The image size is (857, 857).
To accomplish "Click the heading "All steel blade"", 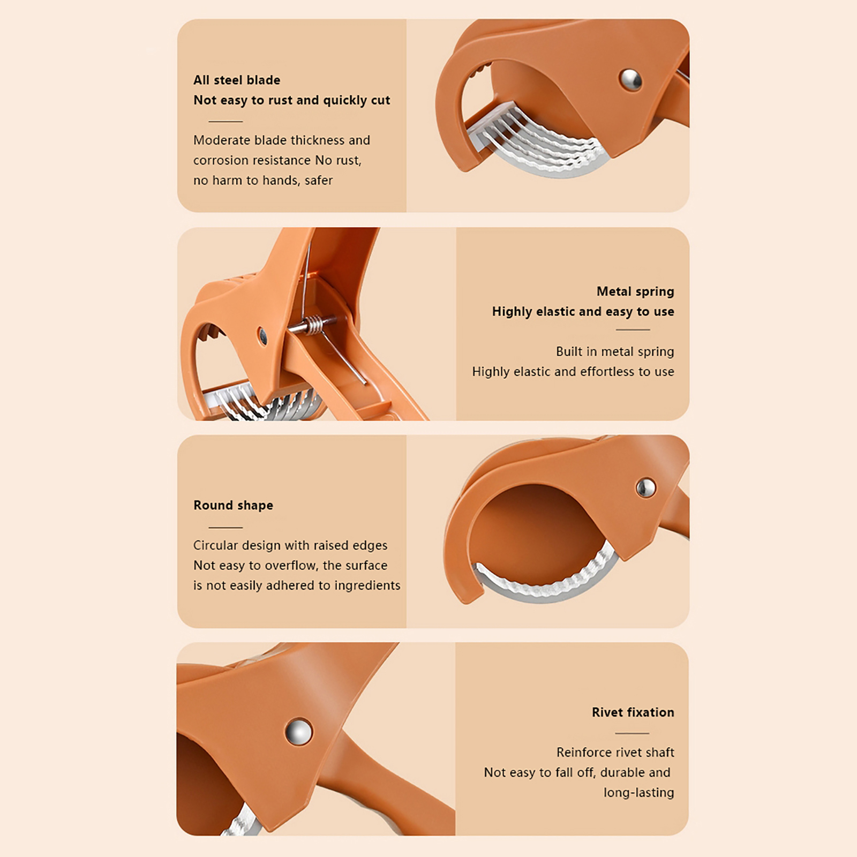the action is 237,80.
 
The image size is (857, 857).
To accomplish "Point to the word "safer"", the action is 319,181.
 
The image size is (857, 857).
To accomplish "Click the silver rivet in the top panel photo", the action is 631,80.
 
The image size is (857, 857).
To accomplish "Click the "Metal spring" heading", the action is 635,291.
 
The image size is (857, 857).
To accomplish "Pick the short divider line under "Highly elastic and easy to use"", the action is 633,330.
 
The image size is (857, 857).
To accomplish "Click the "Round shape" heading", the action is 233,505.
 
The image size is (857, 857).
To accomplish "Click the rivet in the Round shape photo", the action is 645,487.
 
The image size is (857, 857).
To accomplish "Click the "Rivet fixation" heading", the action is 633,712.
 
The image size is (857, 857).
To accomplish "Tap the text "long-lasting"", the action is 639,793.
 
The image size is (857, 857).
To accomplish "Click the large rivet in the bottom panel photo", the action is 299,732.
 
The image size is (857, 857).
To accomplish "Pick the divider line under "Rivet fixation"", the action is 632,733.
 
